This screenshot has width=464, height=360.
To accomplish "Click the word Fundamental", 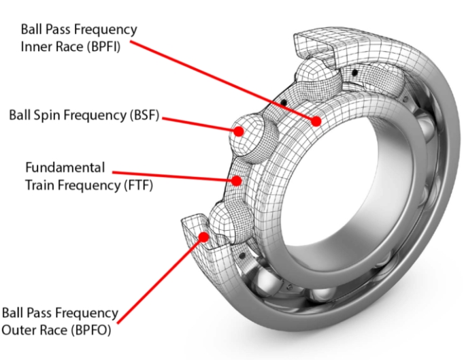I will coord(65,167).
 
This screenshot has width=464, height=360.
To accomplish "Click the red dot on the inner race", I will coord(316,120).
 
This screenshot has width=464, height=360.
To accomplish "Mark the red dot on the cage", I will coord(237,182).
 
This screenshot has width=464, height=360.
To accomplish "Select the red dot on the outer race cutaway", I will coord(203,235).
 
